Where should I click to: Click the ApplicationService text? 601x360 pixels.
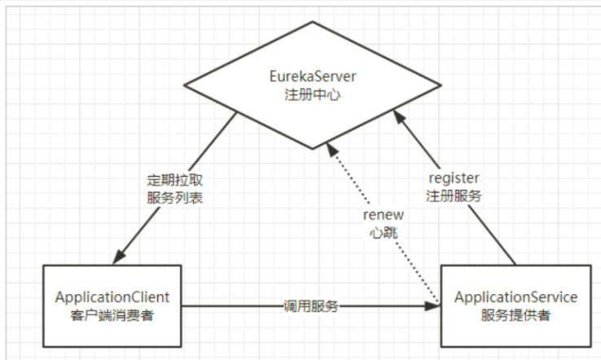pos(516,297)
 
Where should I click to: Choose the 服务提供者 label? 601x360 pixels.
pos(516,314)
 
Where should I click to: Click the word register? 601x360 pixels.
pos(454,178)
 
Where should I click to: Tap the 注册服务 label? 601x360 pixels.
pos(454,195)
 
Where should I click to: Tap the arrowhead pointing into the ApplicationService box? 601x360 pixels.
pos(434,307)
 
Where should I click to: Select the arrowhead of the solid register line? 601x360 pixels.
pos(398,116)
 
